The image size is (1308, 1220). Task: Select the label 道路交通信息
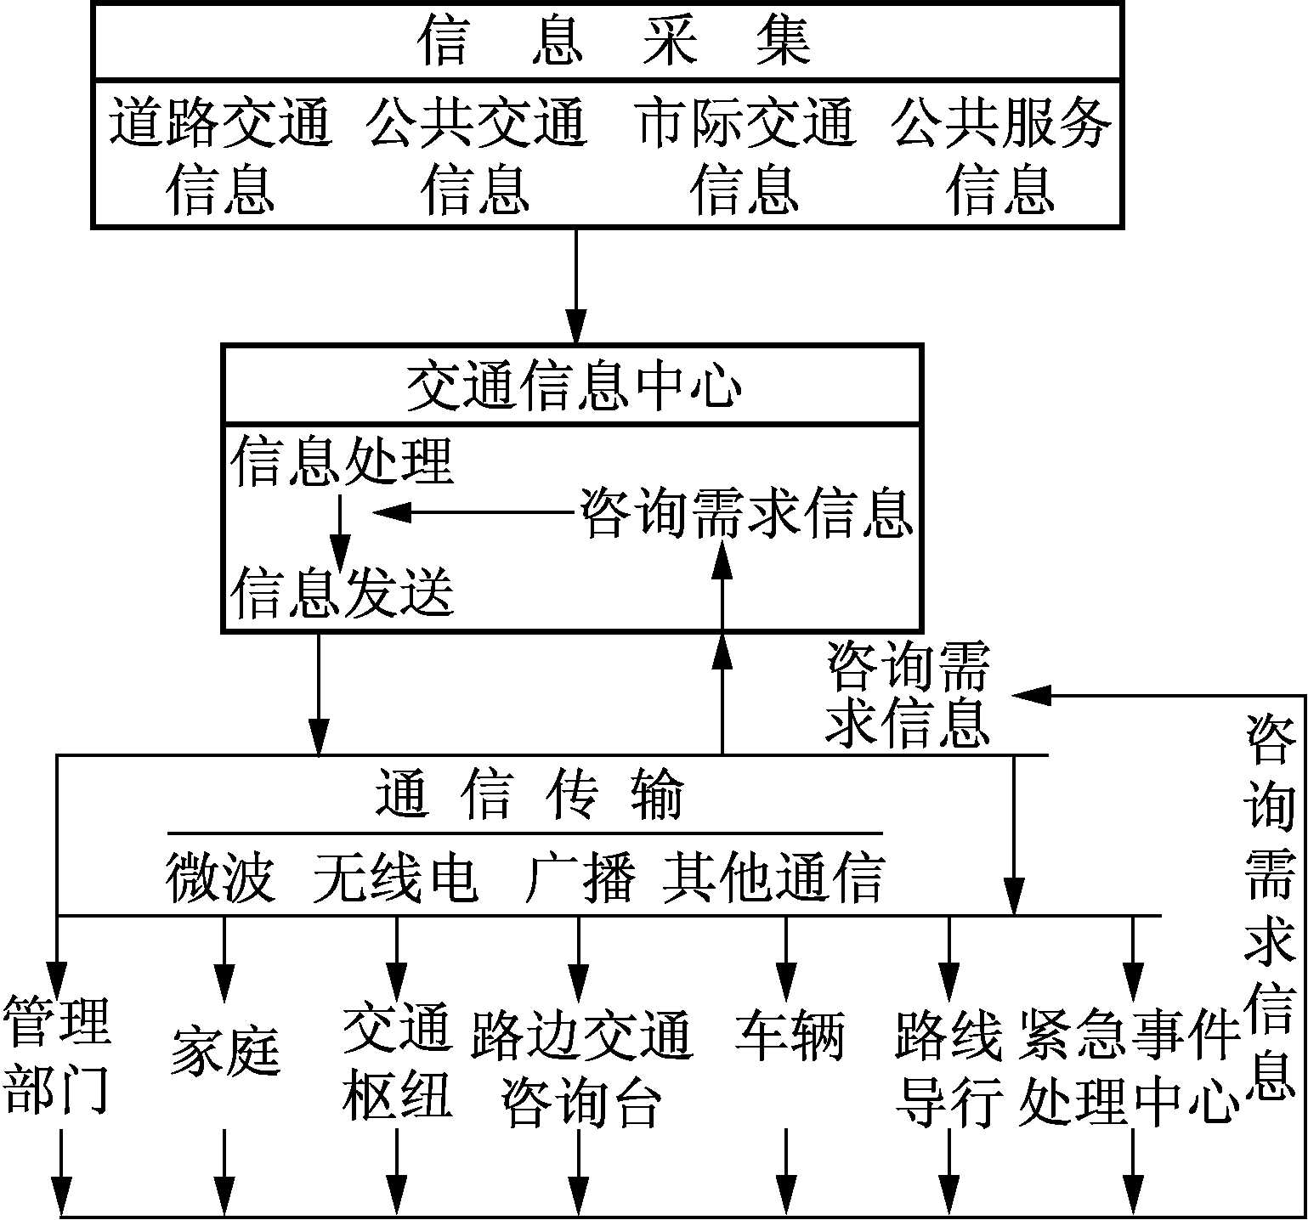[x=219, y=155]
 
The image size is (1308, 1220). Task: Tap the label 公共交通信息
[x=476, y=155]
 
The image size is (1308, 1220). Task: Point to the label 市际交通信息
[x=745, y=155]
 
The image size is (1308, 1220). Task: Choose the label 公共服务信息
[x=1001, y=155]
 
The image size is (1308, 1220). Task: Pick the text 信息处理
[x=342, y=461]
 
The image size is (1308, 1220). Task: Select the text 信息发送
[x=342, y=591]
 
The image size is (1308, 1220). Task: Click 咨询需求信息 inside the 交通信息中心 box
[x=745, y=513]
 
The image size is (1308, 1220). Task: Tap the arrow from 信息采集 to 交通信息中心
[x=576, y=285]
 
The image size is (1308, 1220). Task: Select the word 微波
[x=220, y=877]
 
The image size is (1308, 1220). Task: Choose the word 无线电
[x=394, y=877]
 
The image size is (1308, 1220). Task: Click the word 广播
[x=580, y=877]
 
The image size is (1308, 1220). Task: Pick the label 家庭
[x=224, y=1050]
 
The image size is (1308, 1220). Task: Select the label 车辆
[x=789, y=1035]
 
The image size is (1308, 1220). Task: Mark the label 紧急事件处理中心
[x=1129, y=1067]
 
